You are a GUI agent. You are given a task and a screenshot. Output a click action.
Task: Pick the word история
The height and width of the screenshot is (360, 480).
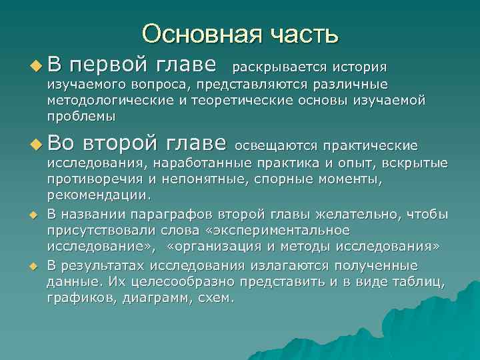coord(360,67)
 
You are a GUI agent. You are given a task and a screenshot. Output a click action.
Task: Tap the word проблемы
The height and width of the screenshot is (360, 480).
coord(81,115)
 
